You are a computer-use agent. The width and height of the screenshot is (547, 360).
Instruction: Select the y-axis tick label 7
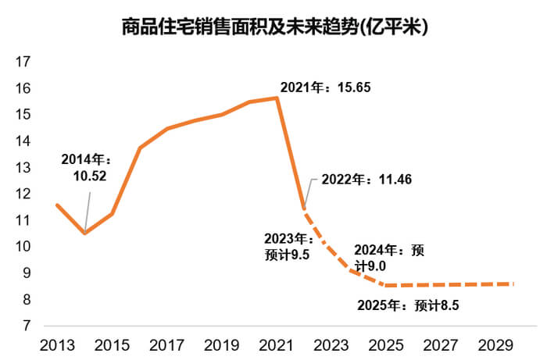point(26,325)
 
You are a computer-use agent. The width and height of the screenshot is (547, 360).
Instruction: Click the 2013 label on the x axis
point(57,345)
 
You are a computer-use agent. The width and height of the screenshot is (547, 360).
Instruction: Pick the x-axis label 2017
point(166,345)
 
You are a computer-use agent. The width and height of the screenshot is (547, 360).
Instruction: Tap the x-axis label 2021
point(276,345)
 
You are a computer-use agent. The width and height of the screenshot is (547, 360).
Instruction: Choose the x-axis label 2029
point(495,345)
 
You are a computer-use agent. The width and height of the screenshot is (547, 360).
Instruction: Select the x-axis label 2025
point(385,345)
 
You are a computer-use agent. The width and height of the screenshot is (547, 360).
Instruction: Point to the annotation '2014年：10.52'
point(87,166)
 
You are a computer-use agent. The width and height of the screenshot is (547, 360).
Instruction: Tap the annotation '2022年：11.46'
point(366,180)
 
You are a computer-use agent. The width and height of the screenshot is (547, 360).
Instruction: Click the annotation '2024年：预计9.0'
point(388,258)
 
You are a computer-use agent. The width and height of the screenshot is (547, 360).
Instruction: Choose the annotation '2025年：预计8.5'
point(407,305)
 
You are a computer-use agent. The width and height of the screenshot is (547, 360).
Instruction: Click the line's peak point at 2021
point(277,98)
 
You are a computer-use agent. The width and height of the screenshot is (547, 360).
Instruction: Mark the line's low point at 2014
point(84,233)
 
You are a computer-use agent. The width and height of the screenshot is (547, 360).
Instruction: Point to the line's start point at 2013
point(57,205)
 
